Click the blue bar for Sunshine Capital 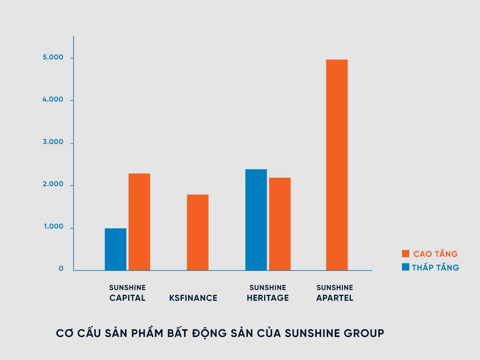(x=115, y=249)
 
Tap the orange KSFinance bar (x=198, y=232)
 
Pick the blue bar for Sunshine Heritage (x=256, y=220)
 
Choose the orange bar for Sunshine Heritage (x=280, y=224)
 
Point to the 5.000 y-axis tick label (x=53, y=57)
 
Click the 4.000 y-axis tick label (x=53, y=99)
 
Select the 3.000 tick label (x=53, y=142)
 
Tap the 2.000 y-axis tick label (x=53, y=184)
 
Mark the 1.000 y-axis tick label (x=53, y=226)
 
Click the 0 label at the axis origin (x=61, y=269)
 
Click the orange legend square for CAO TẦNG (x=405, y=253)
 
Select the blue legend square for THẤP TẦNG (x=405, y=267)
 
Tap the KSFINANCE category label (x=193, y=298)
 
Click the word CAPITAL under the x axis (x=127, y=298)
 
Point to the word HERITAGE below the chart (x=268, y=298)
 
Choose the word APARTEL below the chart (x=335, y=298)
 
